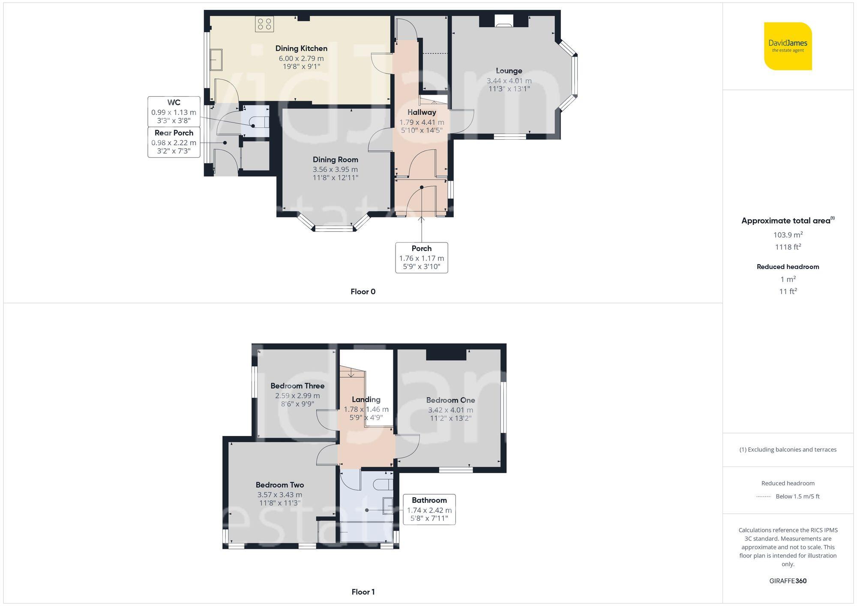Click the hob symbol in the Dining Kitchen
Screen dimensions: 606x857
[264, 24]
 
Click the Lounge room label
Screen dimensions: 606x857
[509, 71]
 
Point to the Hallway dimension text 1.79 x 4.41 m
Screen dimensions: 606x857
[422, 122]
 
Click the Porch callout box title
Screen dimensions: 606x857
[421, 248]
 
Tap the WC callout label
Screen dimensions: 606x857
[174, 102]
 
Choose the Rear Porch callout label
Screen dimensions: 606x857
[174, 133]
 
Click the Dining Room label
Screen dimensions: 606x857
[335, 159]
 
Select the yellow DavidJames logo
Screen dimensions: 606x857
[788, 46]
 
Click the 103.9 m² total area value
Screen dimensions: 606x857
[788, 235]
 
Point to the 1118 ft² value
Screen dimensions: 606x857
[788, 247]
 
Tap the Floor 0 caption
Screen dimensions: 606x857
[363, 292]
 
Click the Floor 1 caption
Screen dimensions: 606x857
[363, 592]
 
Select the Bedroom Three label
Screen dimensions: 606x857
[297, 386]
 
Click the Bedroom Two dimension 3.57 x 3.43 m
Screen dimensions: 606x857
[279, 495]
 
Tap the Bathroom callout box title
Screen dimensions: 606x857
[429, 500]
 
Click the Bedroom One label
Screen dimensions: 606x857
[450, 400]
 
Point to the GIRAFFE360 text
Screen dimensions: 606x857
[788, 581]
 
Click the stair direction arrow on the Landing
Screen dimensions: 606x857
[351, 373]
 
